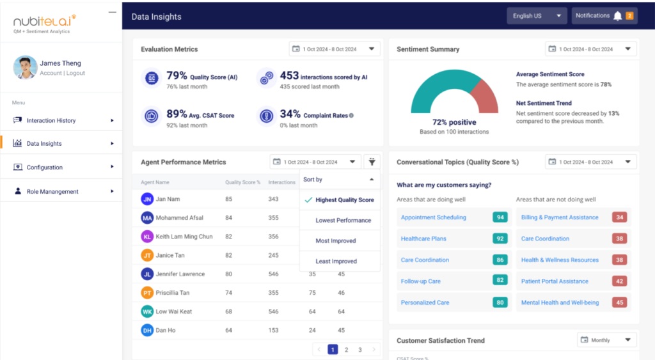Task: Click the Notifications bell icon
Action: tap(617, 16)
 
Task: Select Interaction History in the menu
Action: tap(51, 120)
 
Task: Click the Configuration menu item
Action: tap(45, 168)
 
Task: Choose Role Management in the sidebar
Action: tap(52, 191)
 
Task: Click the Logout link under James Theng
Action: tap(75, 73)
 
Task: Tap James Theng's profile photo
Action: tap(25, 68)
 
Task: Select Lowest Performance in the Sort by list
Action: tap(343, 221)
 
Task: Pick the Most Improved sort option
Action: tap(335, 241)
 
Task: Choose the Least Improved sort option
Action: tap(335, 262)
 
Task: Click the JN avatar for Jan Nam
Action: tap(147, 199)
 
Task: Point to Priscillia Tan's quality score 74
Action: tap(228, 293)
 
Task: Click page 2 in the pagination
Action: tap(346, 350)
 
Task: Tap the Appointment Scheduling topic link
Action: tap(433, 217)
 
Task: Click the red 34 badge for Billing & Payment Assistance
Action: tap(619, 217)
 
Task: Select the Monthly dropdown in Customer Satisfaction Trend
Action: tap(607, 340)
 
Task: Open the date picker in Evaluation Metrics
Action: tap(334, 49)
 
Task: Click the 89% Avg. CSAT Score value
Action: tap(177, 114)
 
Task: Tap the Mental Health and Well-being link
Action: tap(560, 302)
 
